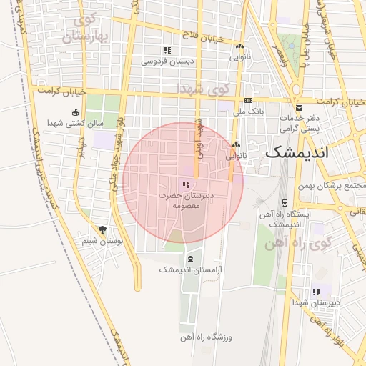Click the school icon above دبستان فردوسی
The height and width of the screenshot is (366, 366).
pyautogui.click(x=167, y=50)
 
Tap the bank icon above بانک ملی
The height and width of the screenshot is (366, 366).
pyautogui.click(x=248, y=100)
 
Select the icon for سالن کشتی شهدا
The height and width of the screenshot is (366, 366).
pyautogui.click(x=76, y=112)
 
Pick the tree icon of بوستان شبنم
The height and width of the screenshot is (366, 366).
pyautogui.click(x=104, y=229)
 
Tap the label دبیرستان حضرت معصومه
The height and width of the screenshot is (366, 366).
pyautogui.click(x=182, y=200)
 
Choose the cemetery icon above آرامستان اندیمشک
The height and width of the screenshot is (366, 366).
pyautogui.click(x=190, y=258)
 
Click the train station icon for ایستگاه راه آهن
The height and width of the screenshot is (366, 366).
pyautogui.click(x=285, y=203)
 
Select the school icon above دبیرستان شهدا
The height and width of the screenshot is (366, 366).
pyautogui.click(x=316, y=292)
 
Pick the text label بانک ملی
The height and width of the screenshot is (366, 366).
pyautogui.click(x=252, y=112)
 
